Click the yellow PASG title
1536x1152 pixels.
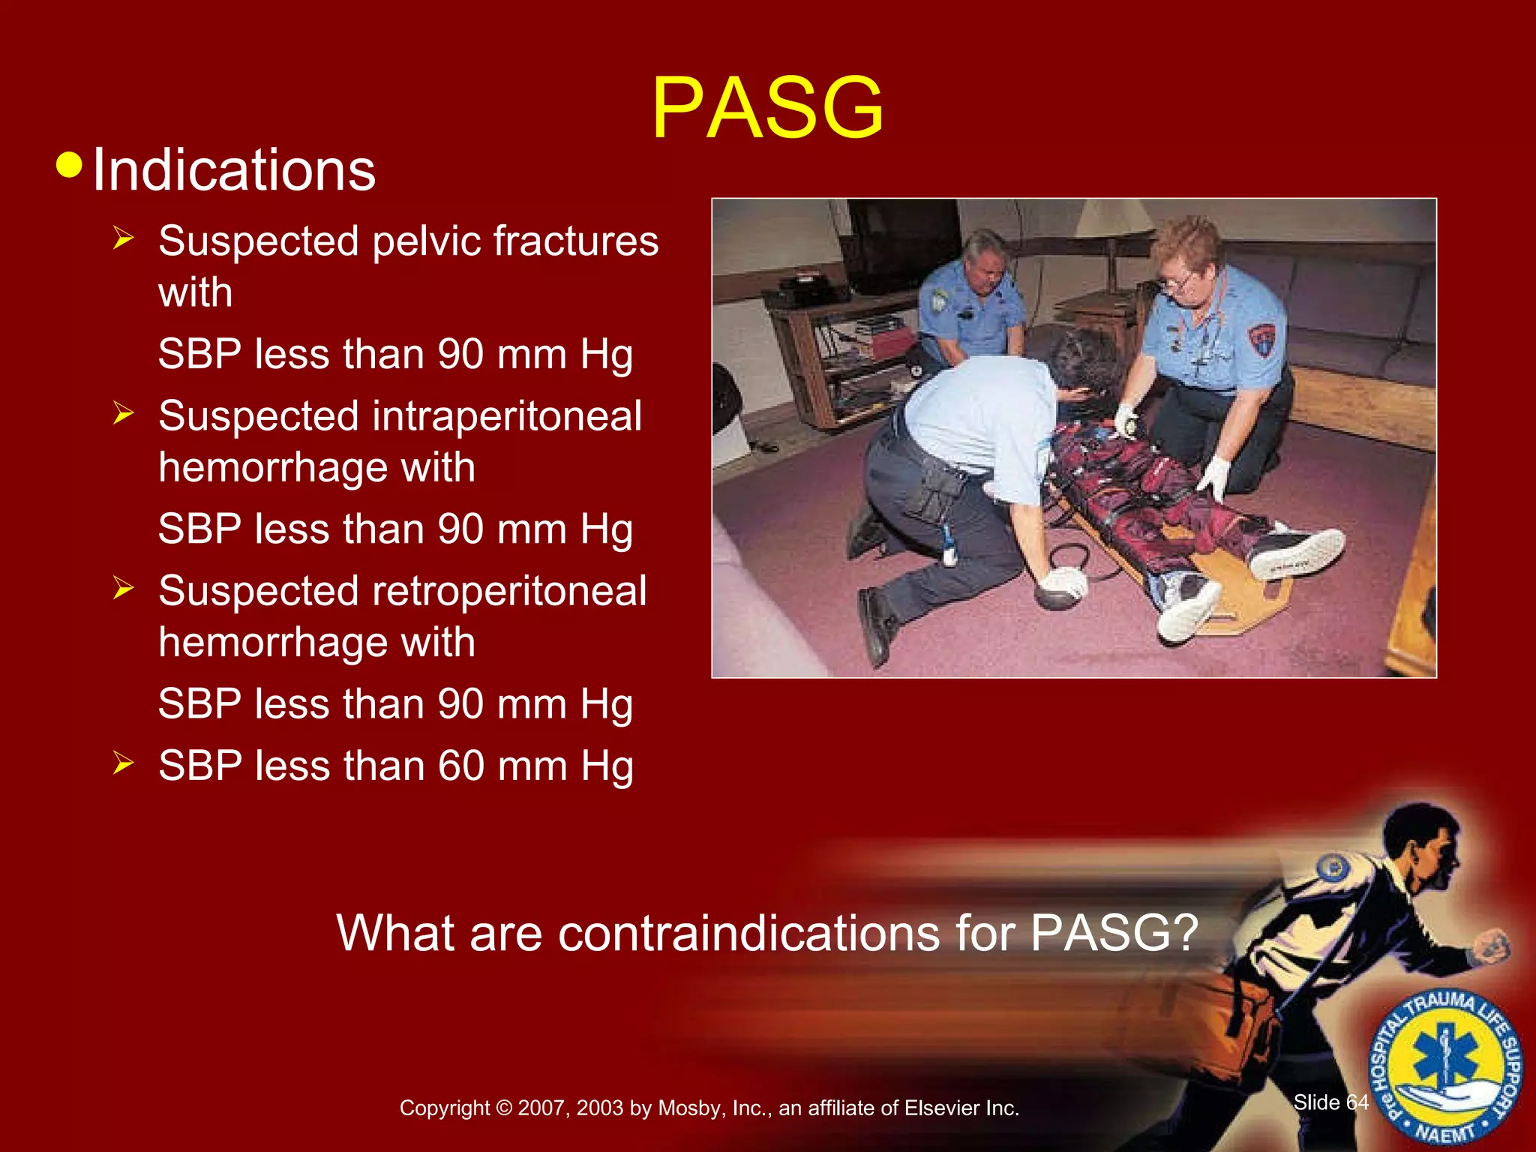pyautogui.click(x=767, y=109)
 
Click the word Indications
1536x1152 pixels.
pyautogui.click(x=233, y=170)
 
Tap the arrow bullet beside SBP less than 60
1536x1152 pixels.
pyautogui.click(x=123, y=763)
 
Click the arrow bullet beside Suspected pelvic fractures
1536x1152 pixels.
pyautogui.click(x=123, y=239)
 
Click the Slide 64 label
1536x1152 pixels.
pyautogui.click(x=1330, y=1102)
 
